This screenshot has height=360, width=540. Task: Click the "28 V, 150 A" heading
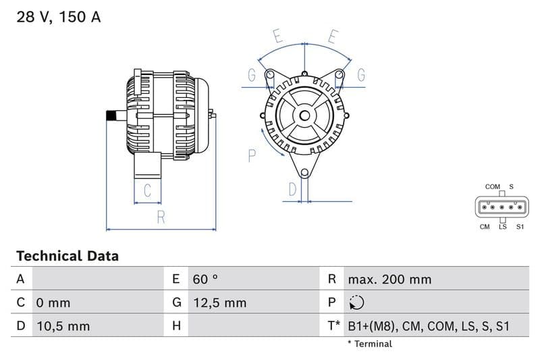pyautogui.click(x=59, y=18)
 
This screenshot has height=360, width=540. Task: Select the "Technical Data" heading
pyautogui.click(x=67, y=256)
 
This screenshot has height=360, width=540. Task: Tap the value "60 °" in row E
pyautogui.click(x=205, y=279)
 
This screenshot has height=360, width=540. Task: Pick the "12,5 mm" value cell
pyautogui.click(x=219, y=303)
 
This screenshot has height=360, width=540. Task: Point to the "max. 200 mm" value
pyautogui.click(x=389, y=279)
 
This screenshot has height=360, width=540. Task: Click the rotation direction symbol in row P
pyautogui.click(x=357, y=303)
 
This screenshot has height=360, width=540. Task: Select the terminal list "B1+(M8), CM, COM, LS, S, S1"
pyautogui.click(x=429, y=326)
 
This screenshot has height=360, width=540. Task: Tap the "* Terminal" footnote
pyautogui.click(x=369, y=344)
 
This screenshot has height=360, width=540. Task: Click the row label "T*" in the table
pyautogui.click(x=333, y=326)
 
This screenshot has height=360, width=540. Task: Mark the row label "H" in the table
pyautogui.click(x=176, y=326)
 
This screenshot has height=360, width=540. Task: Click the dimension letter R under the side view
pyautogui.click(x=161, y=217)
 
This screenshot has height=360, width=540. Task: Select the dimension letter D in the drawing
pyautogui.click(x=292, y=189)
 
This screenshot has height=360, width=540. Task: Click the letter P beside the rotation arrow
pyautogui.click(x=251, y=156)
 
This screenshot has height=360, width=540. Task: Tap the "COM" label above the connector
pyautogui.click(x=492, y=186)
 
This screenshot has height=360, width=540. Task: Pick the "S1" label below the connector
pyautogui.click(x=520, y=227)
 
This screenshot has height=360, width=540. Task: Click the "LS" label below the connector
pyautogui.click(x=502, y=227)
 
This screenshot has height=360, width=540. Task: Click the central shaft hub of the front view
pyautogui.click(x=304, y=115)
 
